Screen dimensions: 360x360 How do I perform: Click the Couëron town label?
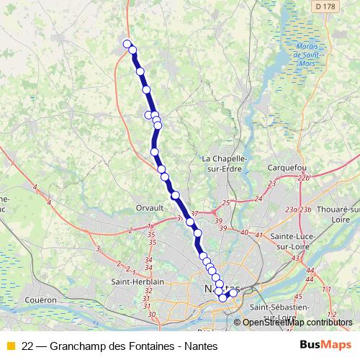coord(40,299)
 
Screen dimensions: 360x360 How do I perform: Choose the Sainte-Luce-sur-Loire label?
coord(292,240)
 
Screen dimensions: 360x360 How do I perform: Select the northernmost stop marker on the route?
coord(128,44)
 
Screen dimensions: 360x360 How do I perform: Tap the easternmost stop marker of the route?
coord(233,292)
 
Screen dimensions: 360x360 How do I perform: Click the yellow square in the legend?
coord(10,346)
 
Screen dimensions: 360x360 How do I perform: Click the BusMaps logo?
coord(325,345)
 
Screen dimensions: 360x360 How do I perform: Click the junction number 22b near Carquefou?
coord(303,177)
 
